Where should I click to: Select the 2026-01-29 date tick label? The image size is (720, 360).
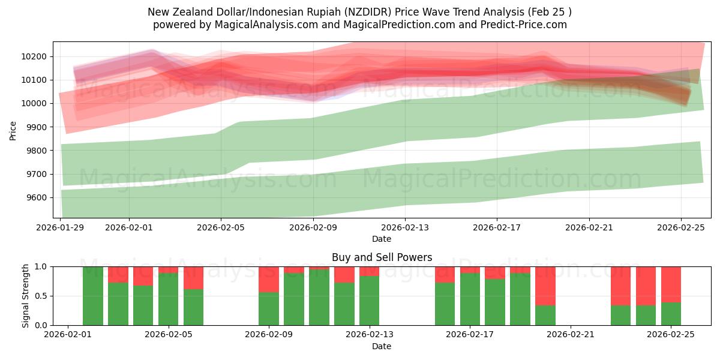pos(61,227)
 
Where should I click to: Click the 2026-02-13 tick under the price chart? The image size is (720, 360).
pos(405,227)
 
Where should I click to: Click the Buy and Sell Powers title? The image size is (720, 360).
pos(382,257)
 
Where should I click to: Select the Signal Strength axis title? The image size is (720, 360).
pos(25,296)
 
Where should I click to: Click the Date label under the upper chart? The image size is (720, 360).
pos(382,239)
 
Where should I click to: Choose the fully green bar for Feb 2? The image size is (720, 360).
pos(93,296)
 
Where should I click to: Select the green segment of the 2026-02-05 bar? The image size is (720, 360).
pos(169,299)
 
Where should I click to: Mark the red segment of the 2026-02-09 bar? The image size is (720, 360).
pos(269,279)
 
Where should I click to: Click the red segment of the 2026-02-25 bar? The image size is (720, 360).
pos(671,284)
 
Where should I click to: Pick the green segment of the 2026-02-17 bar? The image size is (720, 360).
pos(470,299)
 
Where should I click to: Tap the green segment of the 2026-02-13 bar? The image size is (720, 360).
pos(369,301)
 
